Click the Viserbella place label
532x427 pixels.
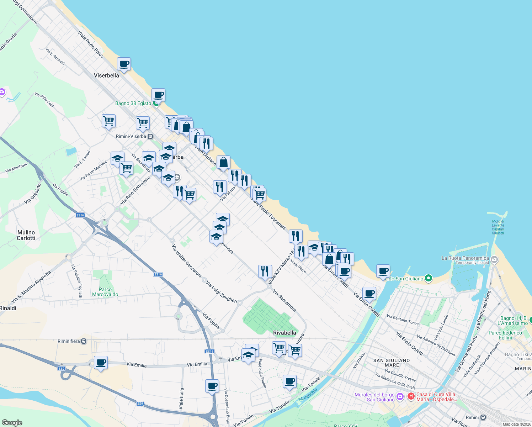106,75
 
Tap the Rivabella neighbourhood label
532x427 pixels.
284,333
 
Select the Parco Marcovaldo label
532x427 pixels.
105,292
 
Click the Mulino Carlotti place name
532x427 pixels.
26,235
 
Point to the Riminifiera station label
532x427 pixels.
69,341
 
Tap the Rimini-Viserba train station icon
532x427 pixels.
150,136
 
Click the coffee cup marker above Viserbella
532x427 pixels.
124,64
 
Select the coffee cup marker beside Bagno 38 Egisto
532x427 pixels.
158,95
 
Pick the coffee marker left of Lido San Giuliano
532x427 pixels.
383,272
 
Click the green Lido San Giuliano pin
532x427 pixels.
429,278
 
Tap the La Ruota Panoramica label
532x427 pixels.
465,258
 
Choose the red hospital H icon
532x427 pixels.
411,396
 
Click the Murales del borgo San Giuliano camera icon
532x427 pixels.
400,396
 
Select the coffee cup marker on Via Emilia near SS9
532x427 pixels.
101,363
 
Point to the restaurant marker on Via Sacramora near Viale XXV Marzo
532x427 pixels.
265,272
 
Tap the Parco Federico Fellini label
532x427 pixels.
505,335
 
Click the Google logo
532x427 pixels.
12,423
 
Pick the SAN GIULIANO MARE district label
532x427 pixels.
391,363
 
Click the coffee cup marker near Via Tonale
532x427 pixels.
290,381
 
